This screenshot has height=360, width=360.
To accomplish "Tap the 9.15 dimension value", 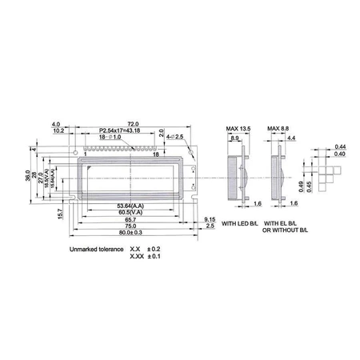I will [x=210, y=219].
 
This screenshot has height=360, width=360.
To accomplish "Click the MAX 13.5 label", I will [x=238, y=129].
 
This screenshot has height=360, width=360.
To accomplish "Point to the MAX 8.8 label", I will [x=279, y=129].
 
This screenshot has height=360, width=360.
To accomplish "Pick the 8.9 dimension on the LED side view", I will [x=234, y=138].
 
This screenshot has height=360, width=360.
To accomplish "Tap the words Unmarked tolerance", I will [x=97, y=249].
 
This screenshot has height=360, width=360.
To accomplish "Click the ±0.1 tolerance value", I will [x=153, y=257].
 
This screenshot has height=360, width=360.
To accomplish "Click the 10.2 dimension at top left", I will [x=59, y=130].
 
